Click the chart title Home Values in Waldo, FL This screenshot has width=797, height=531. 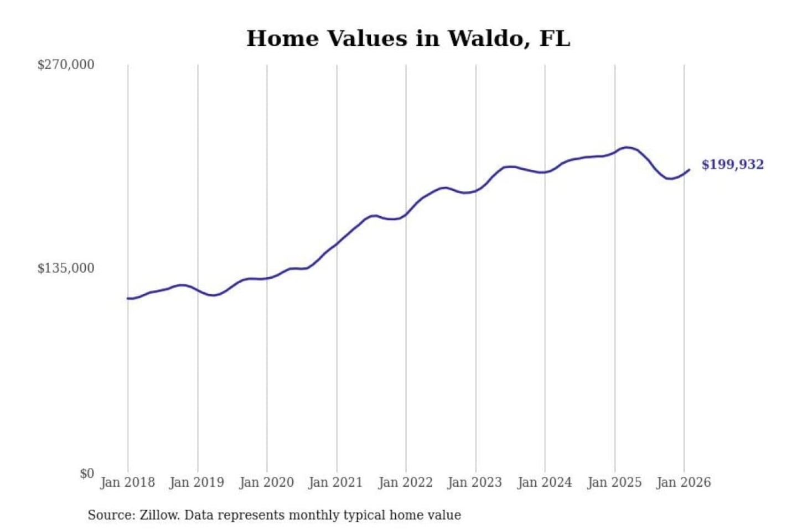408,39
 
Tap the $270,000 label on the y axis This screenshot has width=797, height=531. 66,65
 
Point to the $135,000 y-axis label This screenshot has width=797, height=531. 66,268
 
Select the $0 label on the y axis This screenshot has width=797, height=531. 87,473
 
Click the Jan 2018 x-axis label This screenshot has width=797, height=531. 127,482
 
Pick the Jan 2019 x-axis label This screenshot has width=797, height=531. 196,482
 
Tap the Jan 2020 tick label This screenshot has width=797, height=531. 266,482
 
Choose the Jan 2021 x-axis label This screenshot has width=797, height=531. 335,482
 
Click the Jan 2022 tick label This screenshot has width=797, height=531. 405,482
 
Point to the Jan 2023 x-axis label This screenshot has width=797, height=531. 474,482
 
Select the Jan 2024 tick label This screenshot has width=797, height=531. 544,482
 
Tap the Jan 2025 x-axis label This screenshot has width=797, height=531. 614,482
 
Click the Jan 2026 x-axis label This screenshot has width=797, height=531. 683,482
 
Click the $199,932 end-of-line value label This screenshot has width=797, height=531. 732,164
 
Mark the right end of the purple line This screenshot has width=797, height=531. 689,170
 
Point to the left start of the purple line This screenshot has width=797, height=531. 128,298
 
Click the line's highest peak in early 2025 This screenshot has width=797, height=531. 626,147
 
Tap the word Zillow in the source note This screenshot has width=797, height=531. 159,515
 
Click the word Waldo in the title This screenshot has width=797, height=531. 484,39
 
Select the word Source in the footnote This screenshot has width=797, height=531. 110,515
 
